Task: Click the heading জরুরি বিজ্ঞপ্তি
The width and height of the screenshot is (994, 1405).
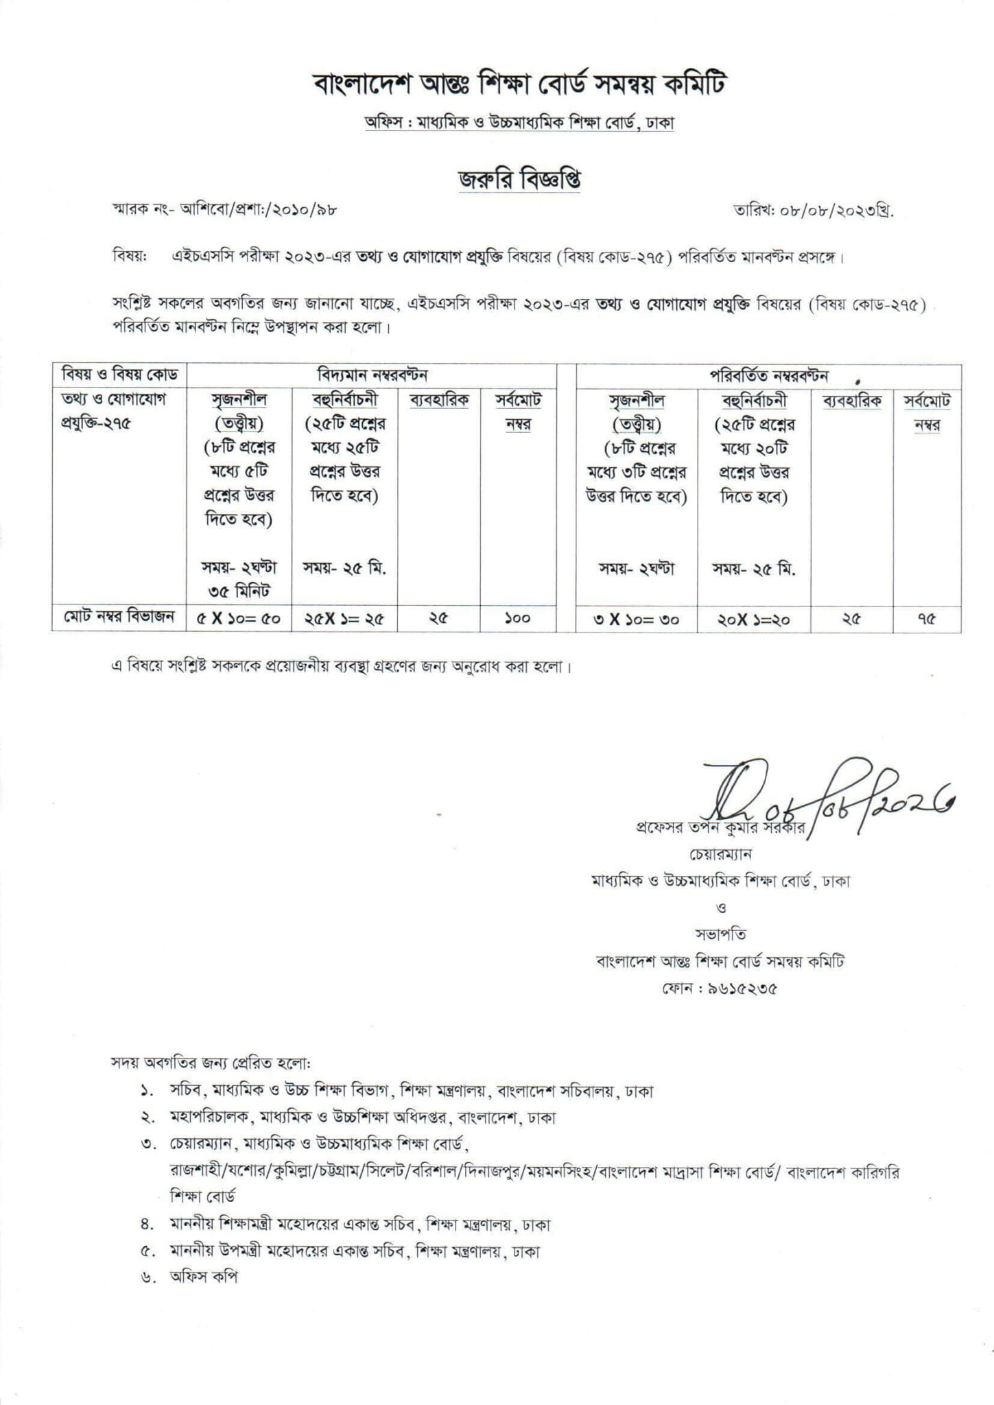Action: click(519, 179)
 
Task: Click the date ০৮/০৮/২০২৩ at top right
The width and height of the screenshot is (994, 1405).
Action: click(813, 211)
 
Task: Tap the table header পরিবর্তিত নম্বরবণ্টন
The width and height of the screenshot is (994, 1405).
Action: click(768, 375)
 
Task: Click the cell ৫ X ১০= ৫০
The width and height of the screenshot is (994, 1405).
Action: click(238, 619)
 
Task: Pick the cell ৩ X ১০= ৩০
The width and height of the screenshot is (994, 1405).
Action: click(636, 619)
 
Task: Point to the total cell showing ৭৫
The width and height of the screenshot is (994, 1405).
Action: click(926, 619)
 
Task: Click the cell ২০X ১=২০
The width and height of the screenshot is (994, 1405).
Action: click(753, 619)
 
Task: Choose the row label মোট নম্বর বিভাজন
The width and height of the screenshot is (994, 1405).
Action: click(119, 616)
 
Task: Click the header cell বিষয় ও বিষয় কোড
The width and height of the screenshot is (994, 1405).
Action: click(119, 375)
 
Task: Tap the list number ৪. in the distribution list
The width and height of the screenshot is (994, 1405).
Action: click(145, 1225)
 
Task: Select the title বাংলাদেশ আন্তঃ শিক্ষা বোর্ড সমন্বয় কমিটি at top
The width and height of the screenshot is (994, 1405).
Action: click(519, 85)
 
